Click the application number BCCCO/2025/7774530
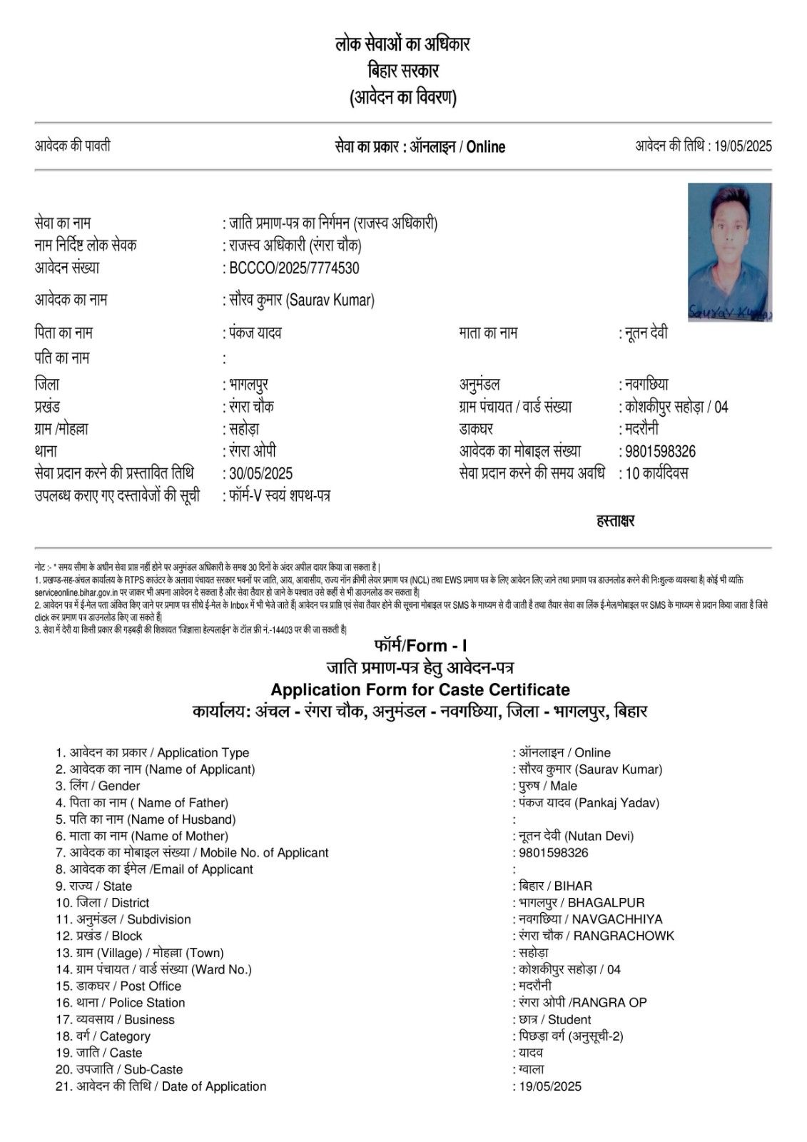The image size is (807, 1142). [294, 268]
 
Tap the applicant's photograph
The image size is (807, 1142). [729, 252]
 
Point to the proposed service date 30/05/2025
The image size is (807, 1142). [260, 473]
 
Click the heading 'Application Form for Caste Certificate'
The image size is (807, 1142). [420, 689]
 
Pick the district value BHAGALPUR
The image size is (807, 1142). [606, 903]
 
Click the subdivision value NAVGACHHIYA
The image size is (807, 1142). [616, 919]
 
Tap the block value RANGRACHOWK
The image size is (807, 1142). [624, 936]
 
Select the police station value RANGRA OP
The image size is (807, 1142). [610, 1003]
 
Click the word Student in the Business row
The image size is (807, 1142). [569, 1019]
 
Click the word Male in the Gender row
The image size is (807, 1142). [564, 786]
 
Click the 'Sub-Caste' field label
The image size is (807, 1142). [153, 1069]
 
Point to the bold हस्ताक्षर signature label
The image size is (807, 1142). [615, 521]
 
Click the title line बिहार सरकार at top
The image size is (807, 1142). [403, 71]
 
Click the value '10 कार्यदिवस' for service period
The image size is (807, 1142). [656, 473]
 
